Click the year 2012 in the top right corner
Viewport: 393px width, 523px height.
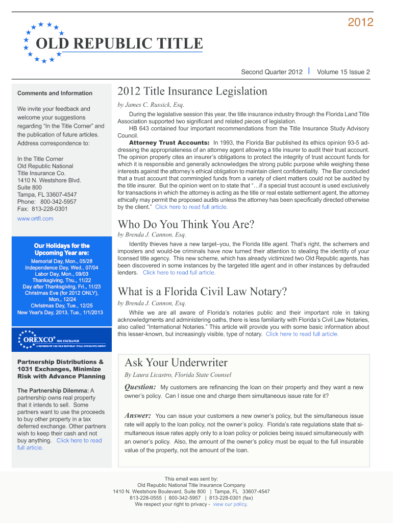(x=360, y=22)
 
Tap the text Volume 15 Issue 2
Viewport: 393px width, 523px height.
(x=343, y=72)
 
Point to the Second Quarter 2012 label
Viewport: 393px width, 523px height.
(x=272, y=72)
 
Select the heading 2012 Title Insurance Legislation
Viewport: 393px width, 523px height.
(x=192, y=91)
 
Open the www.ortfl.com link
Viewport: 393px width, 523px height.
(x=35, y=219)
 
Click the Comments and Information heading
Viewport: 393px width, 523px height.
(x=55, y=93)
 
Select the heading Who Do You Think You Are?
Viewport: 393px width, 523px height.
(x=186, y=225)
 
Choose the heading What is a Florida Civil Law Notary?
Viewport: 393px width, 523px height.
(x=202, y=292)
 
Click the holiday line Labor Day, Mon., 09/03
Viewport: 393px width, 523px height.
(x=61, y=274)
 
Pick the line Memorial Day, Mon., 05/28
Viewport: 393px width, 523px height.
(x=61, y=261)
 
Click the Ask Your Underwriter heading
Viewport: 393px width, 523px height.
(x=176, y=363)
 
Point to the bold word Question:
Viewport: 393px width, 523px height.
(x=140, y=387)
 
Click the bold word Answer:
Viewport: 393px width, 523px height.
(x=137, y=416)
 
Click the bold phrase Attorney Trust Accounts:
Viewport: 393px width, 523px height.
(x=169, y=142)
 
